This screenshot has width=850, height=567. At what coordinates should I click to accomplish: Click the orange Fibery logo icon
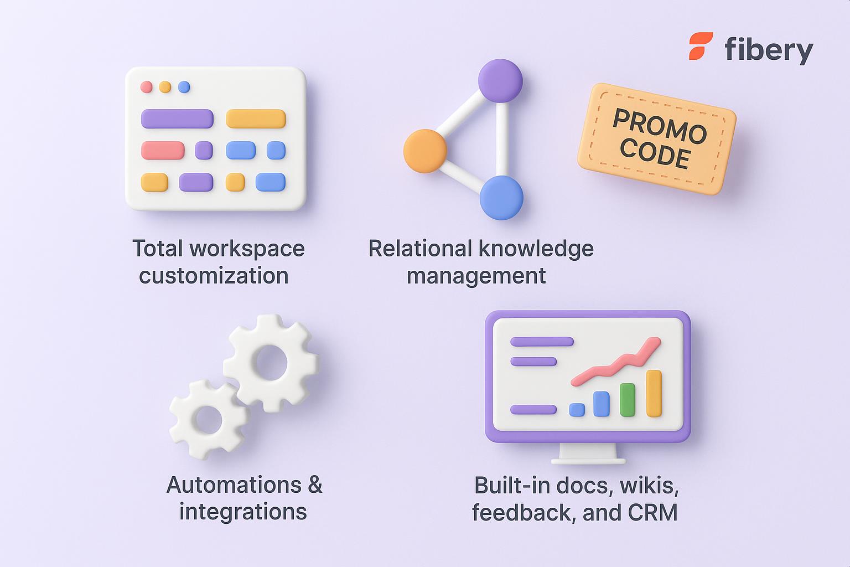pos(701,47)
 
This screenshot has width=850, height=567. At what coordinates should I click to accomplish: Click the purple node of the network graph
pos(500,81)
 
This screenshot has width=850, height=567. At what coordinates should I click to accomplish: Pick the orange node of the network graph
pos(425,151)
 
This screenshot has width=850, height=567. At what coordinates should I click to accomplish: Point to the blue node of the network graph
pos(501,198)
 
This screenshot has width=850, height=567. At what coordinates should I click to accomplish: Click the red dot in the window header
pos(147,87)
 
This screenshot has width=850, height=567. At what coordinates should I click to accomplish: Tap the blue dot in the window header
pos(184,87)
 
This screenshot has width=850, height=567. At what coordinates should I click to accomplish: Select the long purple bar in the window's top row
pos(177,118)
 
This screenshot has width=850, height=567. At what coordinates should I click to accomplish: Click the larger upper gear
pos(271,363)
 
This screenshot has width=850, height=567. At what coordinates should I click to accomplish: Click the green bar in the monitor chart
pos(627,400)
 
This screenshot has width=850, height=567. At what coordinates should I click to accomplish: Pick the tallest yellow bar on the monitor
pos(654,393)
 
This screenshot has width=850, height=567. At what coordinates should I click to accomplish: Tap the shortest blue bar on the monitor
pos(577,410)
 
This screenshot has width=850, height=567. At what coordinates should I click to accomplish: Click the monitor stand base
pos(588,460)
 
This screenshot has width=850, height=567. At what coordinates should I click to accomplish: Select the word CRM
pos(653,512)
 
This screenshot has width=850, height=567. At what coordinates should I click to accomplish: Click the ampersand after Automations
pos(314,485)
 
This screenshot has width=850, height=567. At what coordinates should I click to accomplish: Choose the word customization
pos(214,275)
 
